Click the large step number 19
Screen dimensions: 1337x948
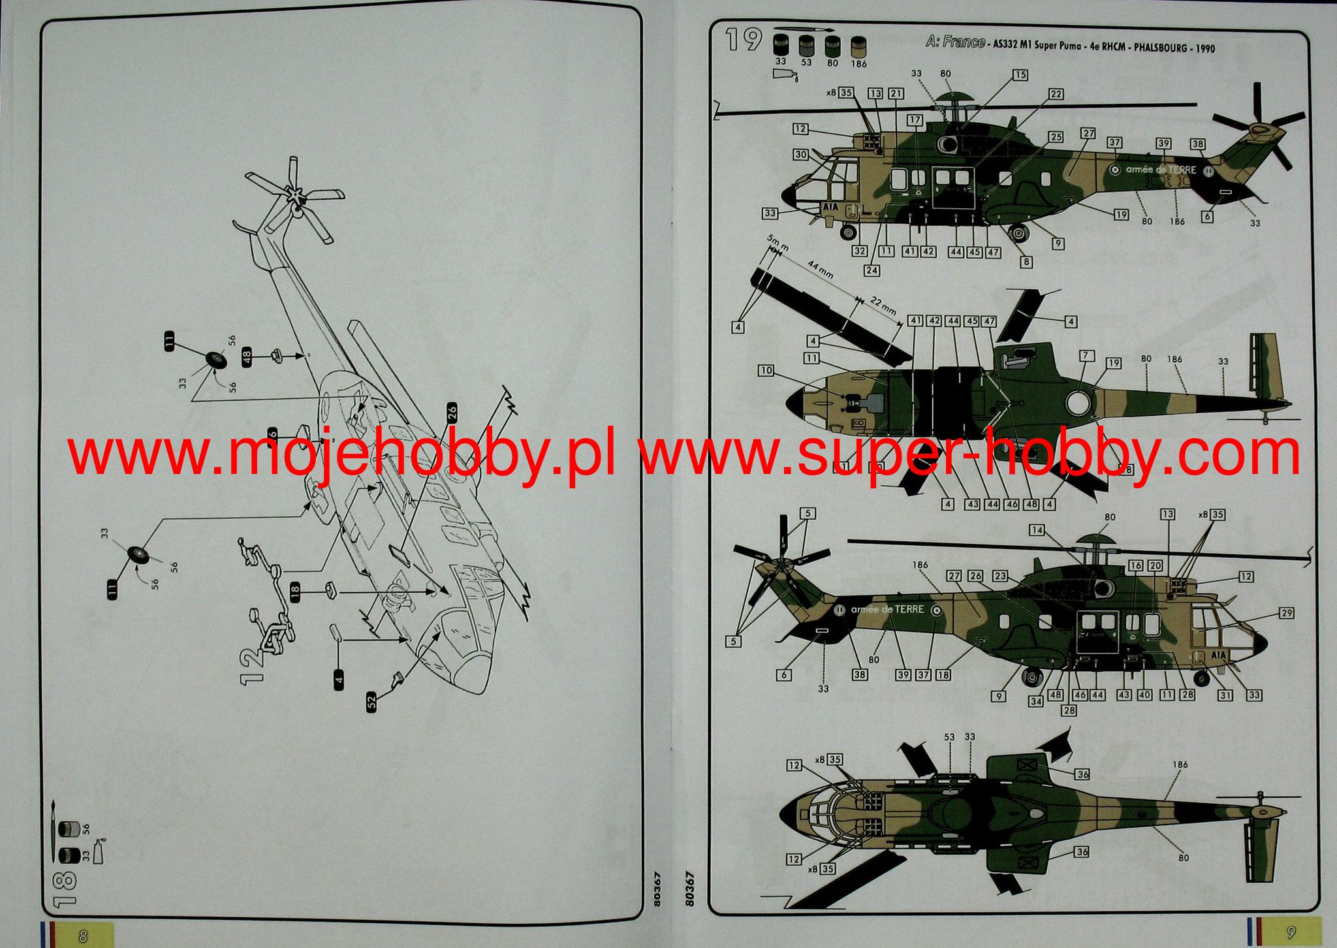(744, 40)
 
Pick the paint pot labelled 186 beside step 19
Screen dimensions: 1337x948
(858, 46)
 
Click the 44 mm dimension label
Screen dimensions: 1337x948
(821, 269)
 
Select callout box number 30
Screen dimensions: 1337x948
(801, 155)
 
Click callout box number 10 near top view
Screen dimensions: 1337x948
(766, 371)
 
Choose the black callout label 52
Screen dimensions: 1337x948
(371, 702)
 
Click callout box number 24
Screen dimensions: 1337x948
(872, 270)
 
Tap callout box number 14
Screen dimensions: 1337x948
(1037, 529)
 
